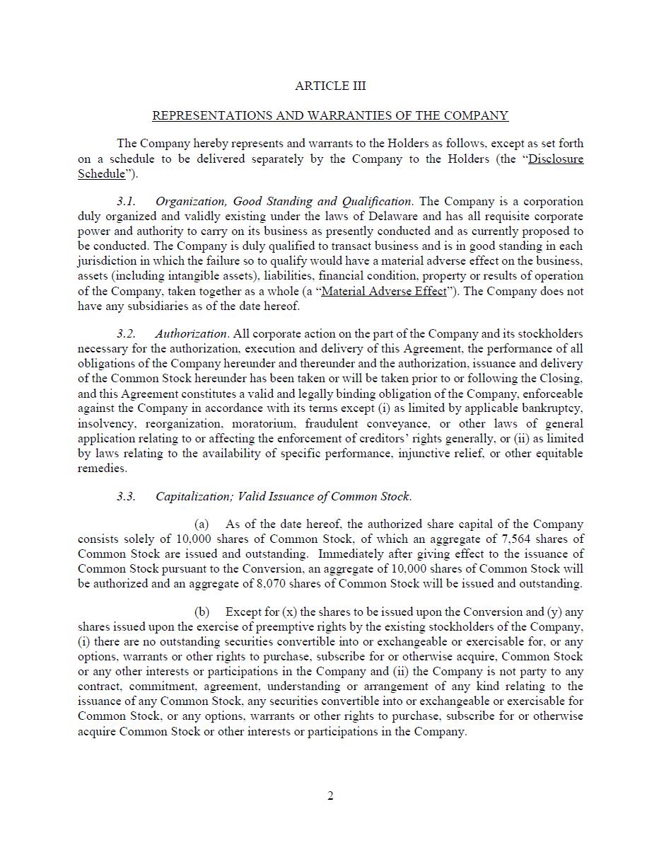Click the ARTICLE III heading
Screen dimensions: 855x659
tap(330, 86)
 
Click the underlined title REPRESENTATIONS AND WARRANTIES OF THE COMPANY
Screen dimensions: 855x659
tap(330, 115)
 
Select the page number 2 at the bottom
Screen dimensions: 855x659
tap(330, 796)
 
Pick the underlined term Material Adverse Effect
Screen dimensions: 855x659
tap(384, 291)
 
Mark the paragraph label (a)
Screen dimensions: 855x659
tap(202, 524)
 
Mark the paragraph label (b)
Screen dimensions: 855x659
tap(202, 612)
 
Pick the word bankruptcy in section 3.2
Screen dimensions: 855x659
tap(552, 408)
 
